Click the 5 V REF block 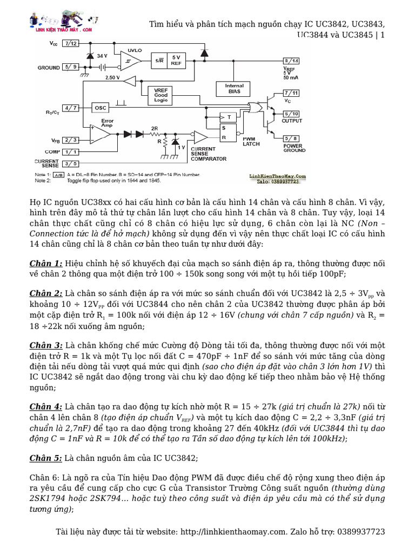[x=176, y=60]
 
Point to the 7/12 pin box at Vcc [x=70, y=43]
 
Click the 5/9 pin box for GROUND [x=71, y=67]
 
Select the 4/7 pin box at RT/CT [x=71, y=108]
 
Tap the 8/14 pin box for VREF [x=290, y=61]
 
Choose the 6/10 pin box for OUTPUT [x=290, y=114]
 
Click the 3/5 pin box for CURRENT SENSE [x=70, y=163]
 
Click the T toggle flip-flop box [x=229, y=117]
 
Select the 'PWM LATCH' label [x=251, y=141]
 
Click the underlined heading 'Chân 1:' [x=46, y=263]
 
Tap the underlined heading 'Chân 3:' [x=46, y=345]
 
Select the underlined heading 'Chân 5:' [x=46, y=458]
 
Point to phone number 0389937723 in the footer [x=359, y=532]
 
